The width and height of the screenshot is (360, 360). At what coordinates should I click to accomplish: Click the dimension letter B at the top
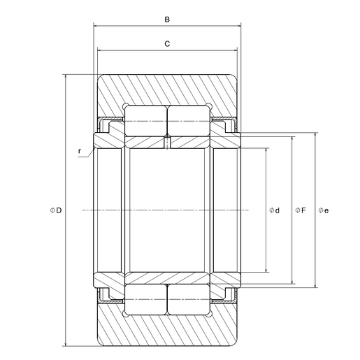(x=167, y=20)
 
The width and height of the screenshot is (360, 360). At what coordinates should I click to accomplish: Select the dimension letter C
(x=167, y=44)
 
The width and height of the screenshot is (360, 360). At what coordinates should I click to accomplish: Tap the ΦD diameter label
(x=56, y=210)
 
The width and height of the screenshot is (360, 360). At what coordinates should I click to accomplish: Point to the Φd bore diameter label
(x=274, y=210)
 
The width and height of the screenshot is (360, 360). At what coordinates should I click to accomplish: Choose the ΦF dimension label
(x=300, y=210)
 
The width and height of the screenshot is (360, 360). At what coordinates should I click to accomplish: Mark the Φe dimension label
(x=324, y=210)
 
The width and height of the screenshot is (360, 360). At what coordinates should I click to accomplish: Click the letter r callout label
(x=80, y=151)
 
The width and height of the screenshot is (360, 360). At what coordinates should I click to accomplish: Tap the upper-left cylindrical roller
(x=145, y=121)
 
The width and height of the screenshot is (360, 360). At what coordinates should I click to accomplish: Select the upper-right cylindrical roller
(x=189, y=121)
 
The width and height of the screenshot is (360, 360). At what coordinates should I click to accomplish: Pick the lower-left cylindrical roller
(x=145, y=299)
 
